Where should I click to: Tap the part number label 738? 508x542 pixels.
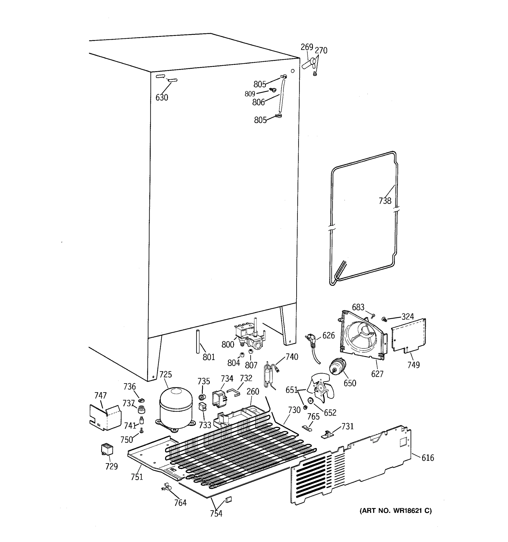[x=385, y=201]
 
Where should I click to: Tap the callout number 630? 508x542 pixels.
[x=162, y=97]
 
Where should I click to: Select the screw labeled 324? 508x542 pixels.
[x=384, y=319]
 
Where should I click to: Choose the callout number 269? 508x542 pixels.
[x=307, y=47]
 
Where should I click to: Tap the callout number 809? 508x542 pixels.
[x=250, y=94]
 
